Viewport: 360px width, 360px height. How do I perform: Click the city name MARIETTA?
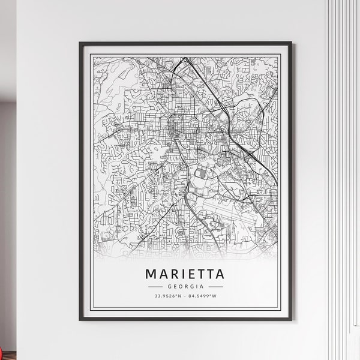coord(185,274)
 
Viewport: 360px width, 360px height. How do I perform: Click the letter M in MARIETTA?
coord(151,274)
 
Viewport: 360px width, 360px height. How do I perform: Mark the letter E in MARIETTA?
coord(192,274)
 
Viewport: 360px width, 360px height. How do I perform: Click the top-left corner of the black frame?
coord(80,43)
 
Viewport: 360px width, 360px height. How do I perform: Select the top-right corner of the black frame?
coord(291,43)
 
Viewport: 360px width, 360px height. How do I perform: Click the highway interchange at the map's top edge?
coord(185,60)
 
